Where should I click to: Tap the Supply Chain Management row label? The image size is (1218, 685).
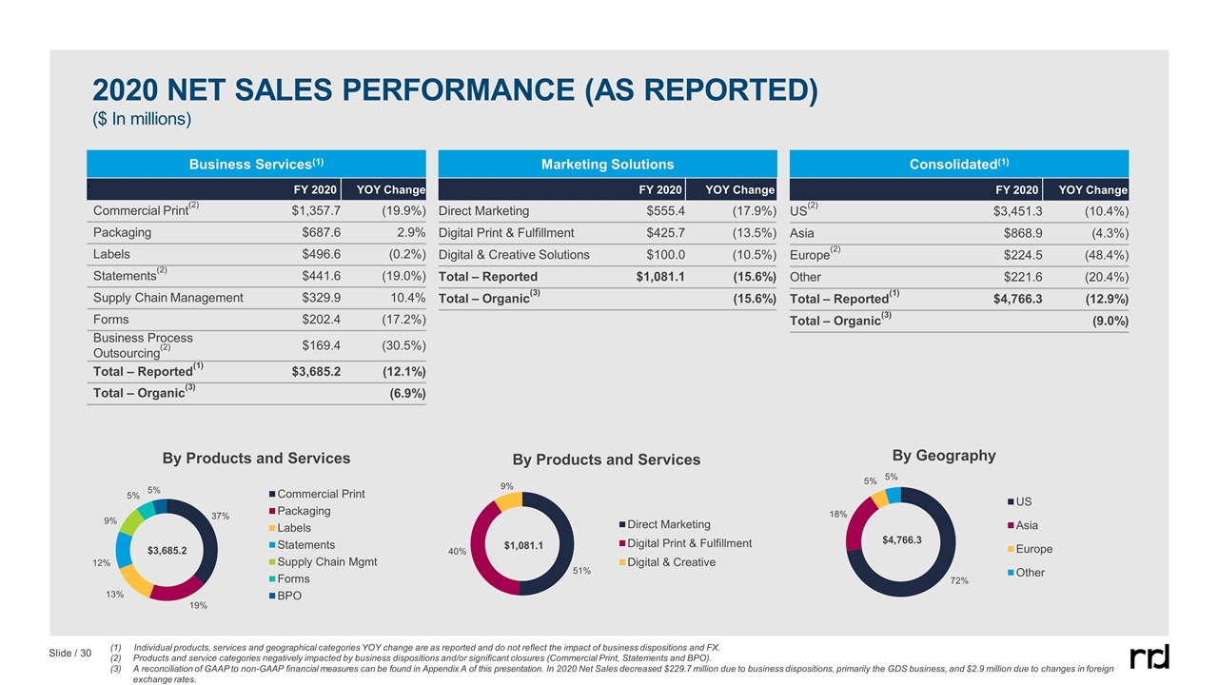tap(167, 298)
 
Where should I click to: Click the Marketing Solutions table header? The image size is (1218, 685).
tap(607, 165)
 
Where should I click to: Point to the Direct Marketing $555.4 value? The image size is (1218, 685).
tap(666, 211)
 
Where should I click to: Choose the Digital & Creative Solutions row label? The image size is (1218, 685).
tap(514, 254)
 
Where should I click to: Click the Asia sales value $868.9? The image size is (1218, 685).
tap(1019, 232)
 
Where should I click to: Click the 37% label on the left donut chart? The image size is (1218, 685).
tap(221, 516)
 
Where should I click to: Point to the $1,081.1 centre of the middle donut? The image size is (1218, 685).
tap(523, 545)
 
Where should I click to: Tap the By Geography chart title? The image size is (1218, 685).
tap(943, 456)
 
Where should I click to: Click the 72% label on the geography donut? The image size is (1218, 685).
tap(959, 580)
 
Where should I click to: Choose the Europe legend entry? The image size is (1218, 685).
tap(1034, 549)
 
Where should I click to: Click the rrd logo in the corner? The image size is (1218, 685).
tap(1149, 656)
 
